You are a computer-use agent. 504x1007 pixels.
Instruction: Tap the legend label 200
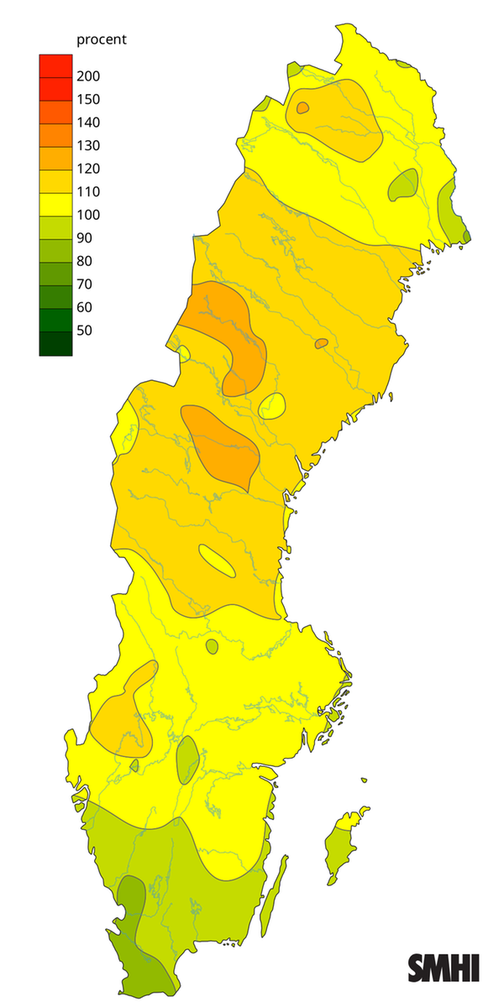(88, 76)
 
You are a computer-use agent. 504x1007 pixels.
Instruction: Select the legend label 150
(88, 99)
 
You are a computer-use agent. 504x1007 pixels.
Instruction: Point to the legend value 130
(88, 145)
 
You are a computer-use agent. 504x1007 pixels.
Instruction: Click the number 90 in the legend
(85, 237)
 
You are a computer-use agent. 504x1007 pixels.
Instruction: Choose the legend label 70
(85, 284)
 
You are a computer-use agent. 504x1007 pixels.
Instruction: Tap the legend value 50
(85, 330)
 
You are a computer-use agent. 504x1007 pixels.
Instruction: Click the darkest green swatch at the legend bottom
(55, 344)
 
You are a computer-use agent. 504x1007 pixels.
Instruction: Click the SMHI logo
(444, 968)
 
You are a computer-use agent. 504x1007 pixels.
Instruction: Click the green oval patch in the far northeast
(404, 185)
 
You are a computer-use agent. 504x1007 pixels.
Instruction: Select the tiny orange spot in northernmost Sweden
(302, 107)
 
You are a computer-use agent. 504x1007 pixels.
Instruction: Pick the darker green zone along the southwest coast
(134, 923)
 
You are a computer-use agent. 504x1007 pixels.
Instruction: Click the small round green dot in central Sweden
(212, 646)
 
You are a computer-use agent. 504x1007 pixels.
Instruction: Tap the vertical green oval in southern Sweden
(187, 759)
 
